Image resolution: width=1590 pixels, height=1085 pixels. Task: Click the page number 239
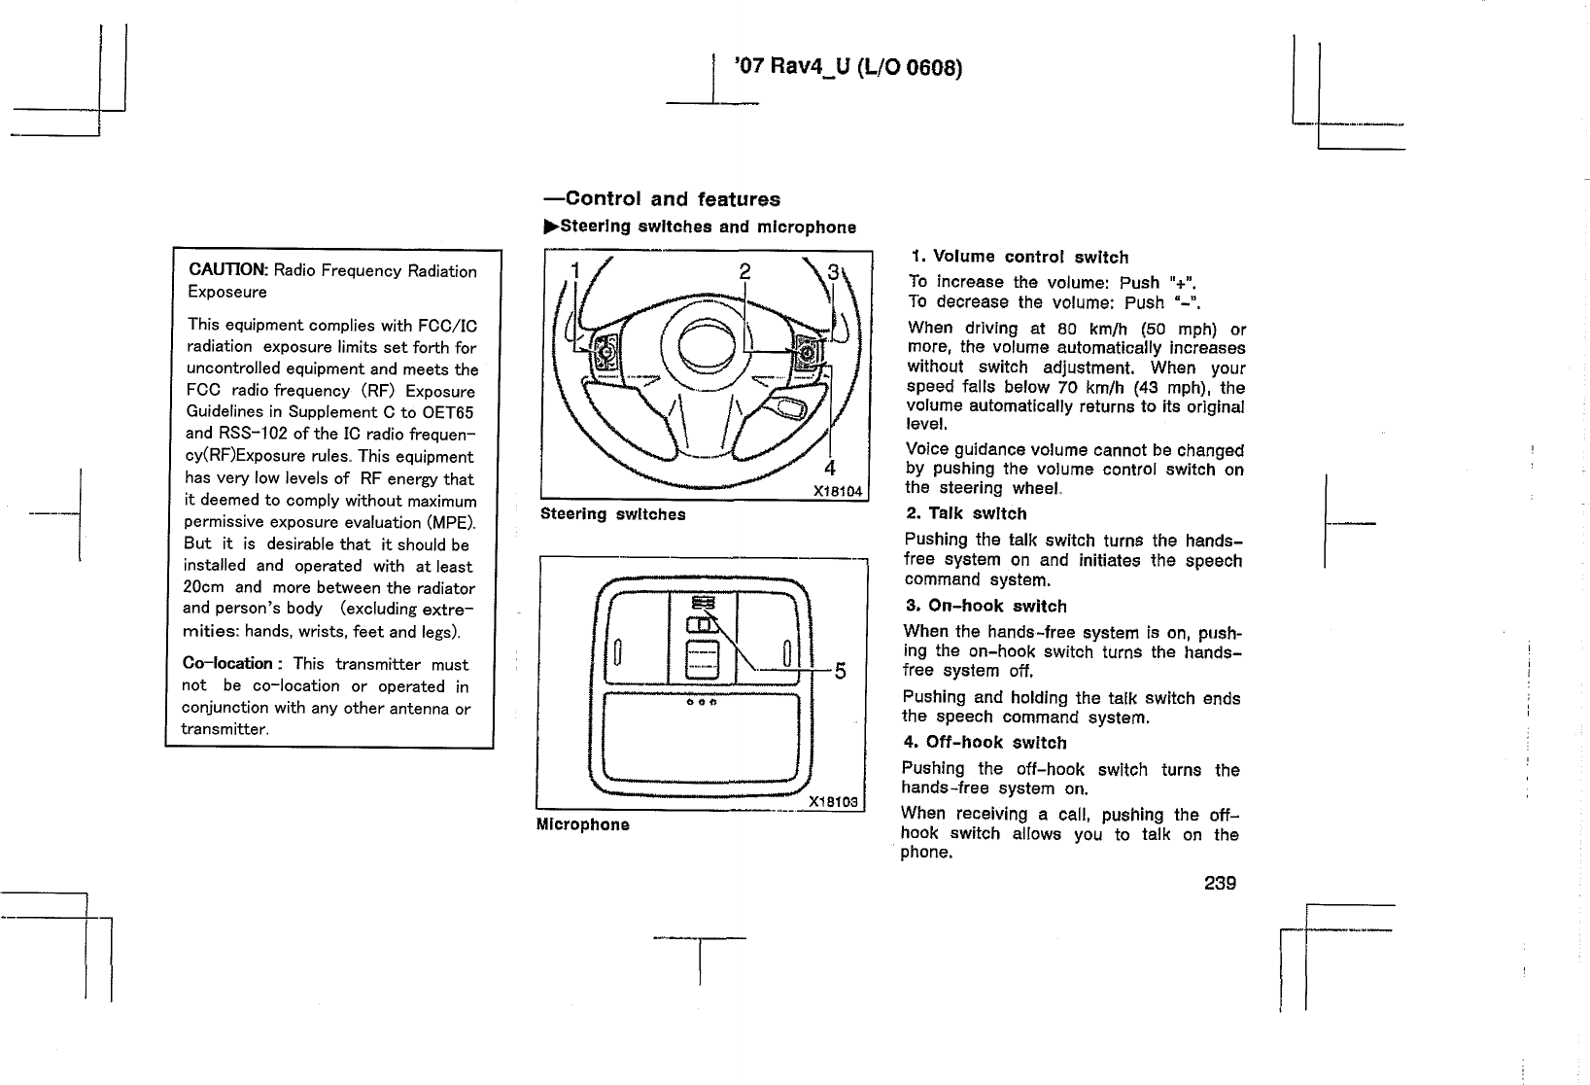(1220, 883)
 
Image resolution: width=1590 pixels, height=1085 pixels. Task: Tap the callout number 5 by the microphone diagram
(840, 671)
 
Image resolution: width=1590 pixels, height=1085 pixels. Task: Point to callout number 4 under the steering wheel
(830, 467)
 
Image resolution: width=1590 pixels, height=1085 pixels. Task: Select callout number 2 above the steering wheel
(744, 272)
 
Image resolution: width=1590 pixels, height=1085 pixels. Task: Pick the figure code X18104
(837, 491)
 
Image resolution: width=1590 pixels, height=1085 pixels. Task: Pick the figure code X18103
(835, 802)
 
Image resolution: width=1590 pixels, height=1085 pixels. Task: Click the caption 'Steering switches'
(612, 514)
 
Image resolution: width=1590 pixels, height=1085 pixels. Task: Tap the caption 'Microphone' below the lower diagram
(582, 824)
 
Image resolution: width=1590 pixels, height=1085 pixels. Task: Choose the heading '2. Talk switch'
(965, 513)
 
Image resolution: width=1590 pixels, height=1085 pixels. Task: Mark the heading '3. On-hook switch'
(985, 606)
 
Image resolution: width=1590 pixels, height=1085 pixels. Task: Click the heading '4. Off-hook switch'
(985, 743)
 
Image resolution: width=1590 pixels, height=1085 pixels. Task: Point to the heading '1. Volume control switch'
(1020, 257)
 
